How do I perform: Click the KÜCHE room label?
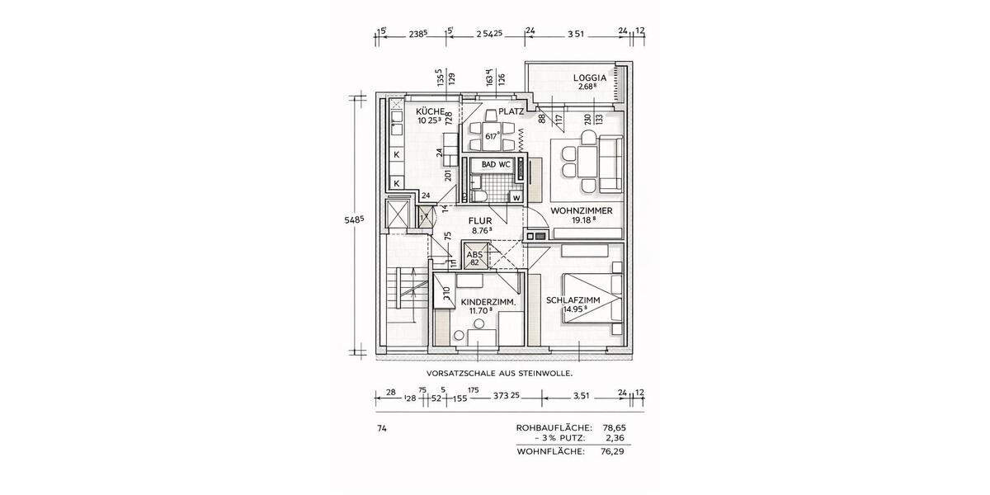tap(431, 111)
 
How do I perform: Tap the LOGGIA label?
tap(590, 78)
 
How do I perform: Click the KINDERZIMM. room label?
tap(488, 303)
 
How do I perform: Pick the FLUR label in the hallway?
tap(481, 221)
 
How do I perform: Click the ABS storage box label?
tap(475, 256)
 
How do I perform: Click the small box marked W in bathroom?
tap(516, 196)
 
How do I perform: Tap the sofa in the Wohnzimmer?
tap(611, 163)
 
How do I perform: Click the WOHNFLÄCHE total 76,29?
tap(613, 451)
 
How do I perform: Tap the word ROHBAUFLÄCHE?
tap(553, 427)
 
